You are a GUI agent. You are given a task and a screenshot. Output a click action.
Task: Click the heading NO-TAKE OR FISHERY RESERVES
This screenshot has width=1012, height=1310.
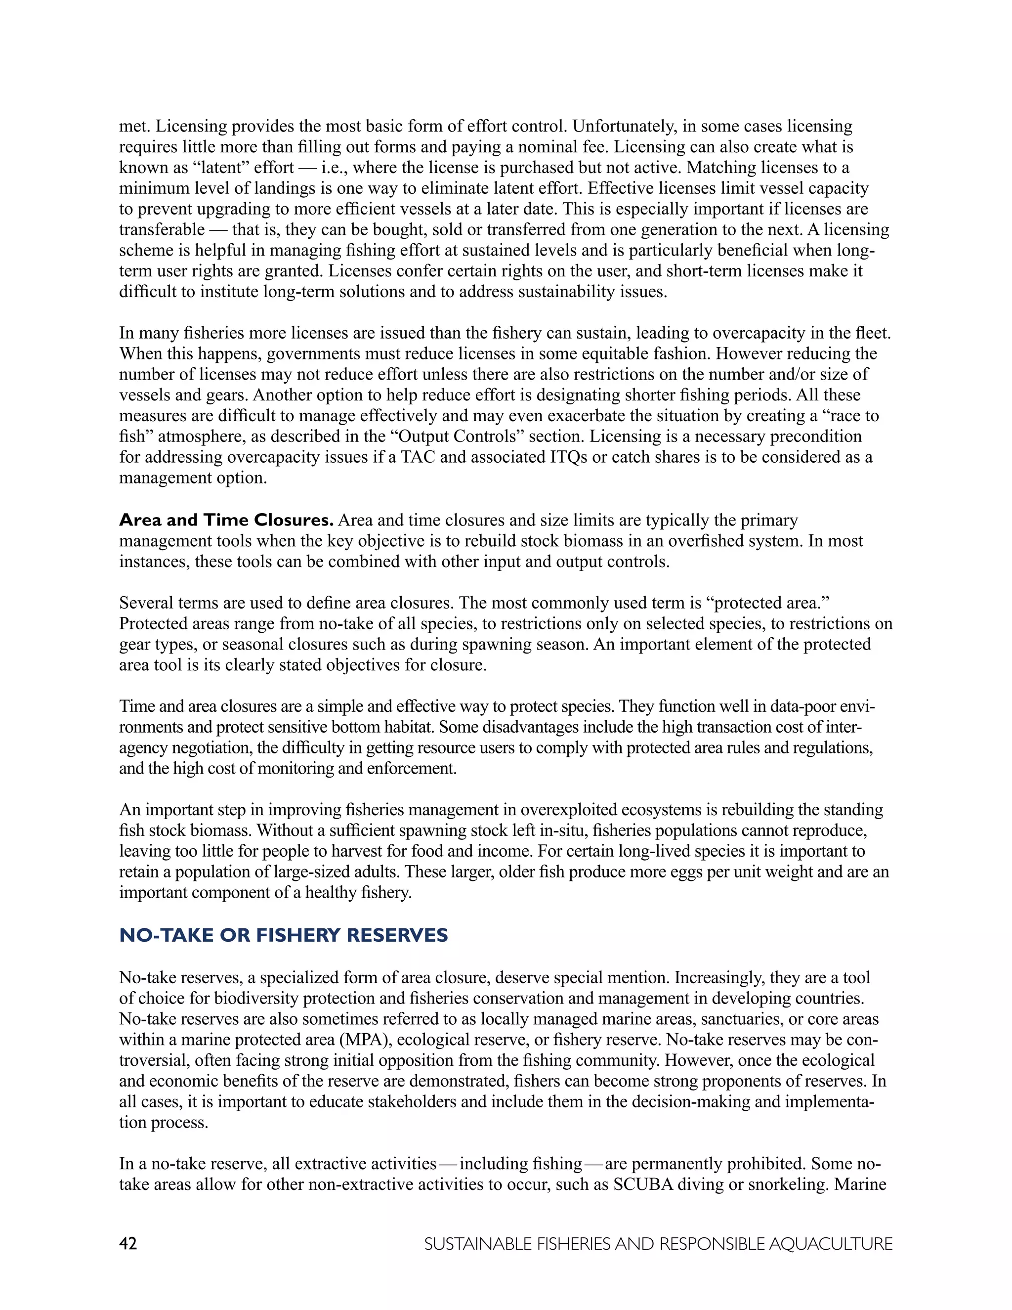point(284,935)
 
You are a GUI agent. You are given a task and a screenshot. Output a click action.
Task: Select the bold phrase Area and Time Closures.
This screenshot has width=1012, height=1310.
point(226,520)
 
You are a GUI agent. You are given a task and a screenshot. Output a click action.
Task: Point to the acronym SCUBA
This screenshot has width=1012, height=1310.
point(643,1184)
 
